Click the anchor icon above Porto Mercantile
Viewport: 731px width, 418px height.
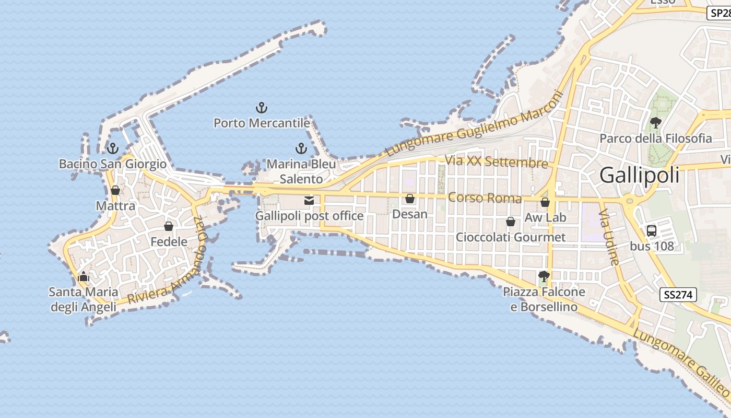[262, 108]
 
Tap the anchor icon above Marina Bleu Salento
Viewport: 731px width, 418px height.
[301, 148]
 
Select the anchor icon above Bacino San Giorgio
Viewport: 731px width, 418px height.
[112, 148]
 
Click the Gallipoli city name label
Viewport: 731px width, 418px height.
[639, 175]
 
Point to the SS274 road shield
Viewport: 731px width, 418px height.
[678, 295]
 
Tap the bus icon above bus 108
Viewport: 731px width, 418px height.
[651, 230]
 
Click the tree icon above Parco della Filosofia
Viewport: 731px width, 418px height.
[655, 123]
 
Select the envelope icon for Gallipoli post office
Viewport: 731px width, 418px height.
[309, 200]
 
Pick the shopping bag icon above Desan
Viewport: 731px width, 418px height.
[410, 199]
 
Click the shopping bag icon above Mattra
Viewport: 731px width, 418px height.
[115, 190]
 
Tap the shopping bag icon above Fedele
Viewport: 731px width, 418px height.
[169, 226]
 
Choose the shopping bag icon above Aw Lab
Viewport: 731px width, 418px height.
[545, 202]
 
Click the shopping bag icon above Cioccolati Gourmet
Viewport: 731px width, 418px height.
[511, 222]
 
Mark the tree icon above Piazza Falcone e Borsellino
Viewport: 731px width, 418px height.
[544, 276]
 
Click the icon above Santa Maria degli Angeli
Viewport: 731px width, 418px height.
[84, 276]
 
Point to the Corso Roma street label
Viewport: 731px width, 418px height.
[485, 198]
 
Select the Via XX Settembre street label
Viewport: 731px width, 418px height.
[496, 161]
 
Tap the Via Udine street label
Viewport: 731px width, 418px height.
[609, 238]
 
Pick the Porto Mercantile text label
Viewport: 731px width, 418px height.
[262, 123]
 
